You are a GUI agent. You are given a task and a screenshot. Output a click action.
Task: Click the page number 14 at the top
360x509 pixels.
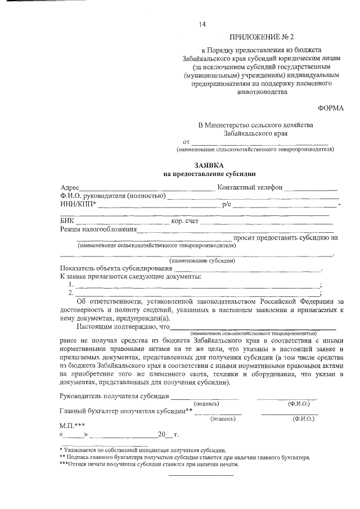(x=202, y=24)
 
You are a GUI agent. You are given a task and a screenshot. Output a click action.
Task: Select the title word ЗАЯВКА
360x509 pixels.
(x=209, y=166)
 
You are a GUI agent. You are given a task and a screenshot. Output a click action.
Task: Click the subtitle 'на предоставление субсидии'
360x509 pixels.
(x=209, y=174)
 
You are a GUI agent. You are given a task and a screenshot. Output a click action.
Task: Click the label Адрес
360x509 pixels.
(x=70, y=187)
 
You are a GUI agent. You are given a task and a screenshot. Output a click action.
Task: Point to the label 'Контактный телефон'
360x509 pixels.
(x=249, y=187)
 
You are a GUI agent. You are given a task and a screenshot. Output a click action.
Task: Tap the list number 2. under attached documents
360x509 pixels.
(x=71, y=292)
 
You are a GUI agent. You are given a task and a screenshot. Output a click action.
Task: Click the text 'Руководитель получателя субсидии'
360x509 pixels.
(x=114, y=396)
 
